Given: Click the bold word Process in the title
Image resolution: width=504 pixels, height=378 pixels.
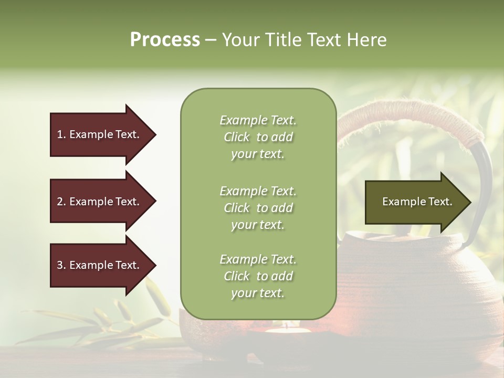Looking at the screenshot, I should (x=165, y=40).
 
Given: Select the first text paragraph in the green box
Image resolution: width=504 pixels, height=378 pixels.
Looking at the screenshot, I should (x=258, y=137).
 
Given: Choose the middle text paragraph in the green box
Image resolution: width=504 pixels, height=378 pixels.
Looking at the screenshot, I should (x=258, y=208).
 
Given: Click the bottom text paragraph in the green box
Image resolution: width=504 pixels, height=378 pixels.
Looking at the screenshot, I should (x=258, y=276).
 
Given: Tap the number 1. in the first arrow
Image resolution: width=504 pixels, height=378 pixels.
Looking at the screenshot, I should (x=61, y=134).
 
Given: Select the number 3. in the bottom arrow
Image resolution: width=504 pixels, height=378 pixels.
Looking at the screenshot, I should (x=61, y=265).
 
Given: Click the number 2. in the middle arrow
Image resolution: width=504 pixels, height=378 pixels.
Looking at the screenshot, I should (x=61, y=202).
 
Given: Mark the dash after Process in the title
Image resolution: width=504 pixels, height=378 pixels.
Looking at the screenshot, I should (x=211, y=40).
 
